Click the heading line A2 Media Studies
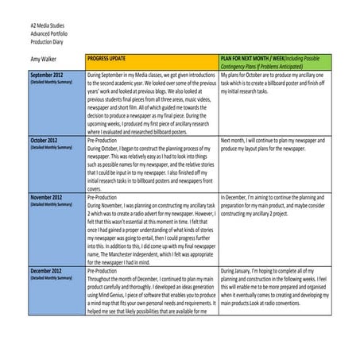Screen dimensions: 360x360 [x=35, y=26]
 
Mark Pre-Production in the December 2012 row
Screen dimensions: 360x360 [x=106, y=272]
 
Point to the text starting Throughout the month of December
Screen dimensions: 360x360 [x=151, y=280]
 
